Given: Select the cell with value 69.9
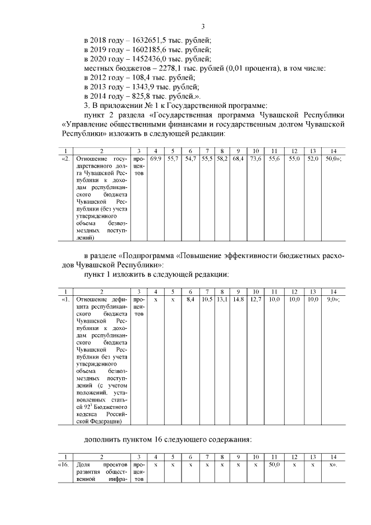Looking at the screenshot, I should pyautogui.click(x=156, y=158).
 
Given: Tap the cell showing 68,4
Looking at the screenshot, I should pyautogui.click(x=238, y=158).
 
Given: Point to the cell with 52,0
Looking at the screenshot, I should pyautogui.click(x=312, y=158).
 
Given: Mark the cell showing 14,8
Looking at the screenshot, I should pyautogui.click(x=238, y=299).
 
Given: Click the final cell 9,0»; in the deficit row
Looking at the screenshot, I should pyautogui.click(x=333, y=299).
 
